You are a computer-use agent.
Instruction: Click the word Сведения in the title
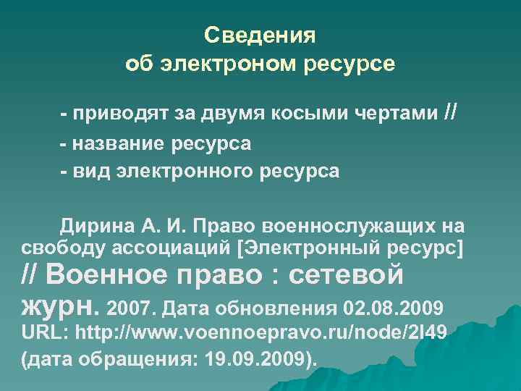(x=260, y=35)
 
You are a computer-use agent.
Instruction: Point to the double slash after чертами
(x=449, y=113)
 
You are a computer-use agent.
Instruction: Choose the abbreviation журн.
(x=59, y=307)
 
